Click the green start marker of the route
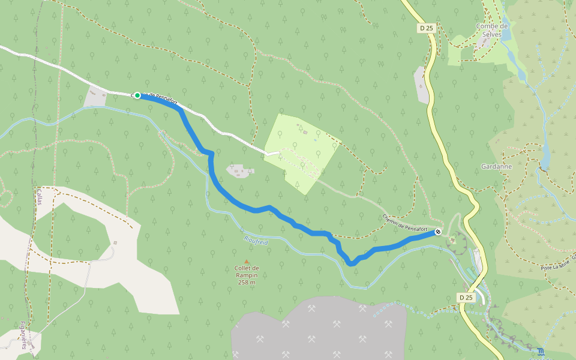pyautogui.click(x=137, y=95)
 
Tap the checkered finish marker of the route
pyautogui.click(x=439, y=232)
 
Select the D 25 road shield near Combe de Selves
pyautogui.click(x=426, y=28)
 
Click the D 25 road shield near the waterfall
pyautogui.click(x=466, y=298)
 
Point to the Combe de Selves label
pyautogui.click(x=492, y=30)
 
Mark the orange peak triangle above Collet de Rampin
pyautogui.click(x=247, y=262)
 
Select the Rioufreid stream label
pyautogui.click(x=256, y=239)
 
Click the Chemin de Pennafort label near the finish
pyautogui.click(x=404, y=223)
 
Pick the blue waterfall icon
pyautogui.click(x=541, y=351)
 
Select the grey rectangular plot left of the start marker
pyautogui.click(x=96, y=96)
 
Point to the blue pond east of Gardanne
pyautogui.click(x=545, y=156)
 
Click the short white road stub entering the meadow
pyautogui.click(x=273, y=154)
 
